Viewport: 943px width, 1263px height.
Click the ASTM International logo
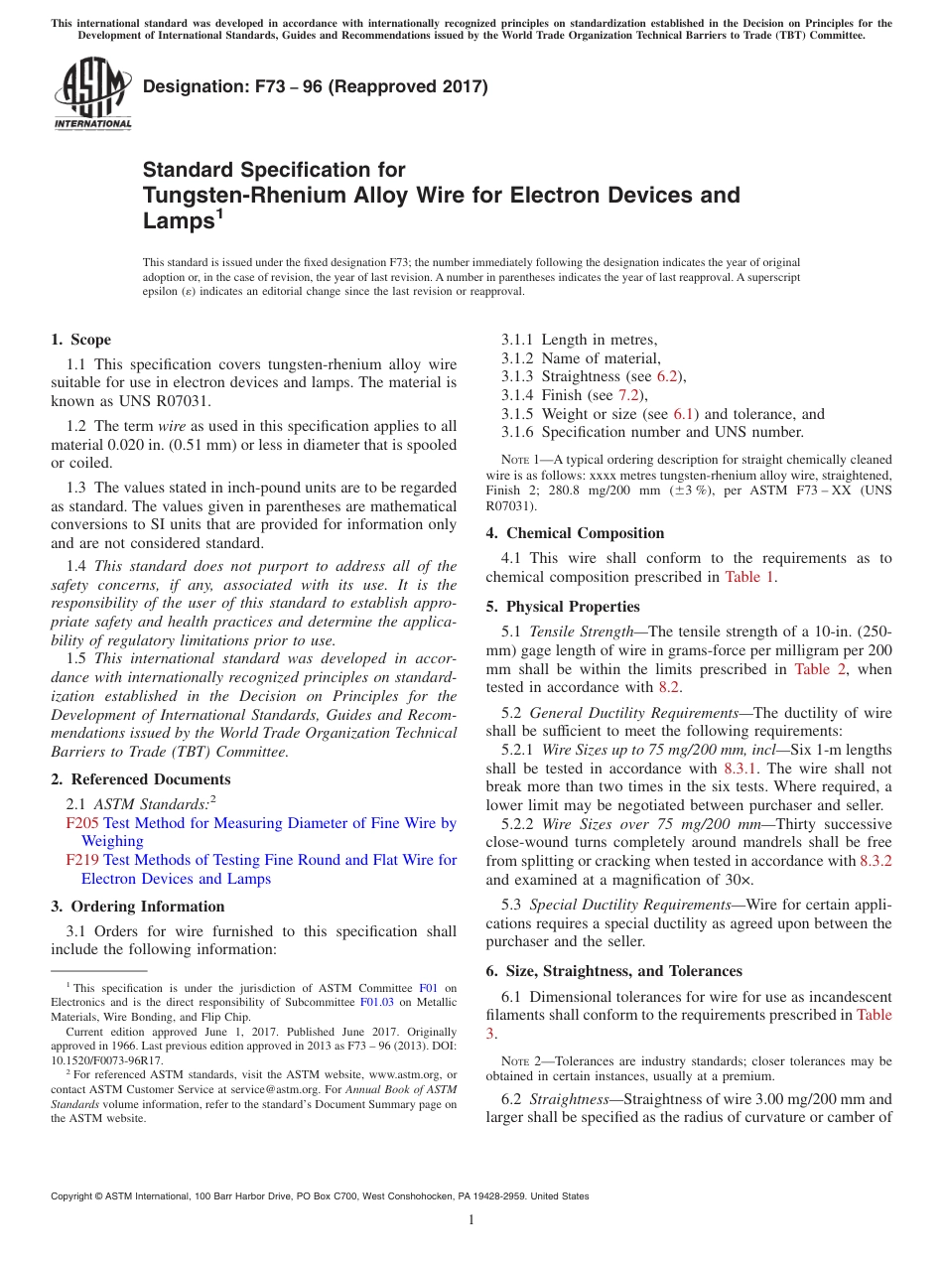[91, 94]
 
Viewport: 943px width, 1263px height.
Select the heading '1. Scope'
[81, 340]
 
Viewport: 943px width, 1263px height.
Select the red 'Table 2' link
[820, 669]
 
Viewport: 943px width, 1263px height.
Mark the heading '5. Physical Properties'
[563, 607]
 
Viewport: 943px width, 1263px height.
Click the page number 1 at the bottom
[471, 1220]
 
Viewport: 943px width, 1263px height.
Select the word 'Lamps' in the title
[175, 221]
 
